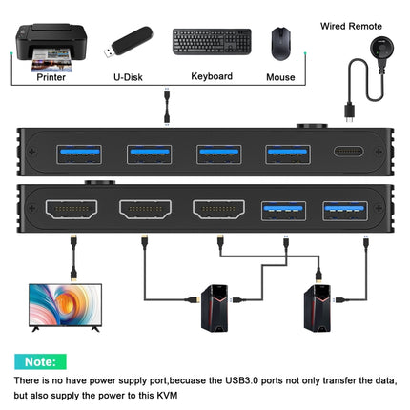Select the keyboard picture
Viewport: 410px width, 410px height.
pyautogui.click(x=212, y=41)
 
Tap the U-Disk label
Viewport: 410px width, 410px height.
pyautogui.click(x=128, y=75)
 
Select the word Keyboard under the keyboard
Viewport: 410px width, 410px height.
pyautogui.click(x=212, y=75)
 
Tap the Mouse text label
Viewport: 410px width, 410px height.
pyautogui.click(x=280, y=75)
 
